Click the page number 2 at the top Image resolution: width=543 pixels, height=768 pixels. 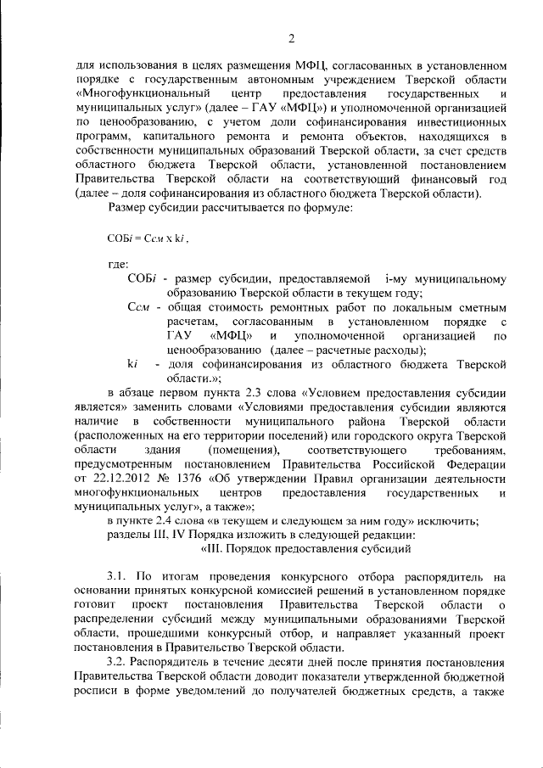pyautogui.click(x=290, y=37)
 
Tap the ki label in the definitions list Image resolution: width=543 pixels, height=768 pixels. pyautogui.click(x=132, y=363)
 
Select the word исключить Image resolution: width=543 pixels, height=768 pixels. pyautogui.click(x=449, y=520)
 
